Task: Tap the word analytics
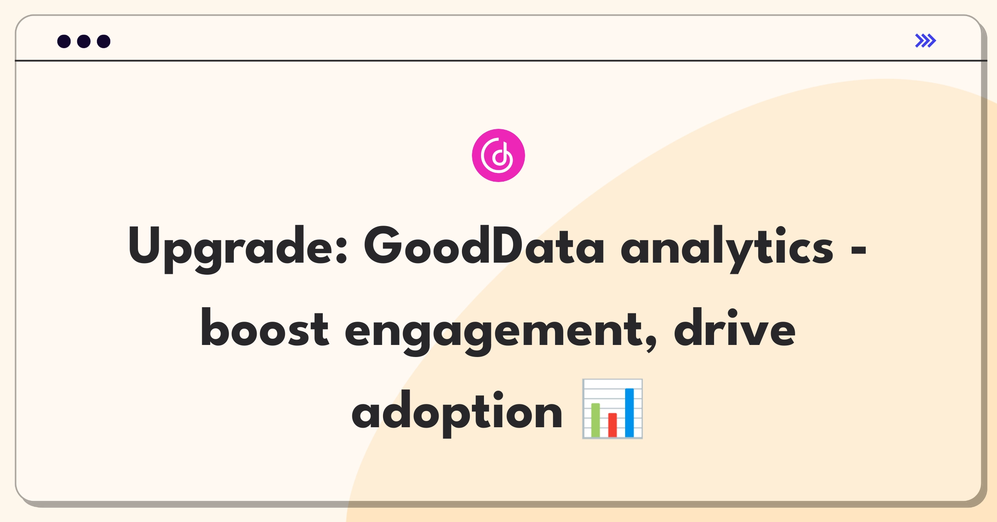tap(727, 249)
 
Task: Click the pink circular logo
tap(498, 155)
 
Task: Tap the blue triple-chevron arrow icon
tap(926, 41)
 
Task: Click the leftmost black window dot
tap(64, 41)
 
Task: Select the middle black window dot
tap(84, 41)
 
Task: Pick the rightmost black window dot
tap(104, 41)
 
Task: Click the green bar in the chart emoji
tap(595, 420)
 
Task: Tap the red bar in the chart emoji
tap(612, 425)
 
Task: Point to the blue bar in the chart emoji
tap(629, 413)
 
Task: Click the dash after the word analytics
tap(858, 250)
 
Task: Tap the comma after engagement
tap(652, 345)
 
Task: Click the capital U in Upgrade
tap(144, 245)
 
